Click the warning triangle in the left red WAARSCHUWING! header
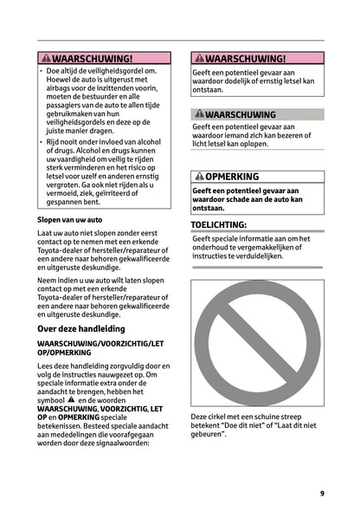click(x=46, y=57)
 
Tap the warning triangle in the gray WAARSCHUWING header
click(x=199, y=114)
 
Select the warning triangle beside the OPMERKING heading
click(x=199, y=177)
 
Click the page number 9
click(x=322, y=493)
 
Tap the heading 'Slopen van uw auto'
click(x=69, y=221)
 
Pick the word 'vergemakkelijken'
click(x=265, y=249)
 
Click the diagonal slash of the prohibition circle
click(x=257, y=345)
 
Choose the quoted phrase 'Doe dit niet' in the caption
click(x=239, y=425)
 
